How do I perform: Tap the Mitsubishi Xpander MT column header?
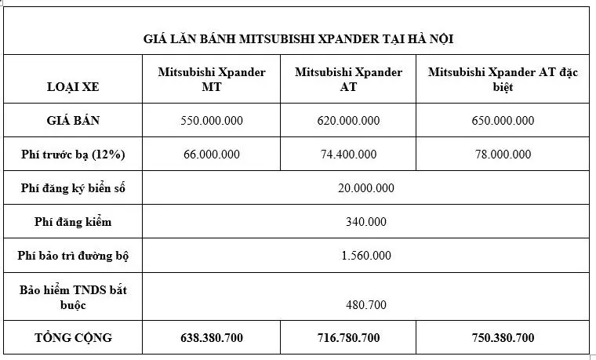(212, 79)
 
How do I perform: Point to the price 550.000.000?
(212, 121)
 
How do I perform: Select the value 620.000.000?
(348, 121)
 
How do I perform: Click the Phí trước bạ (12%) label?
(73, 155)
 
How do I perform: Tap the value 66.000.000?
(212, 155)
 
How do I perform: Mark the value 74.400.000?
(348, 155)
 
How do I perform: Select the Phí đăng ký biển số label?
(73, 188)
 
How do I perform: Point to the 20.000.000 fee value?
(365, 188)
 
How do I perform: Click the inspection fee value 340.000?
(365, 222)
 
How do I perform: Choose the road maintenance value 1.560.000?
(365, 256)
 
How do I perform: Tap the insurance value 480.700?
(365, 305)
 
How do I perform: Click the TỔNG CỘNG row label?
(73, 338)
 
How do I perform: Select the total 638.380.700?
(212, 339)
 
